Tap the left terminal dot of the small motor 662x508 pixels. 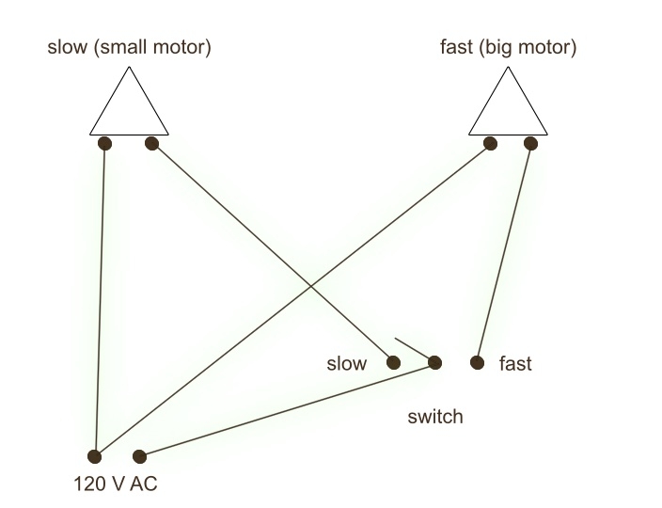tap(104, 144)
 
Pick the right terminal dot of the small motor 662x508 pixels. tap(151, 144)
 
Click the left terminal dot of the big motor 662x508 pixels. tap(490, 144)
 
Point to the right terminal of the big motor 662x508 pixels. tap(530, 144)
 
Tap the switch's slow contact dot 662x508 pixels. tap(393, 362)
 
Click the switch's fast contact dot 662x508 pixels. tap(477, 362)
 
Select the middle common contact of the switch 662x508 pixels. tap(434, 362)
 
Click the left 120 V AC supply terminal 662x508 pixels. tap(95, 456)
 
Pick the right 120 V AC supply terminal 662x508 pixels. tap(139, 456)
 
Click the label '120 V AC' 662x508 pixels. tap(116, 484)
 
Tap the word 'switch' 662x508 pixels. tap(435, 417)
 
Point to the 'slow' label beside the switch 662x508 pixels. tap(347, 363)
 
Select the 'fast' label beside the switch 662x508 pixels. tap(515, 363)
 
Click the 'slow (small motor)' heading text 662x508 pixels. tap(129, 47)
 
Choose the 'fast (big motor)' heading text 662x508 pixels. tap(509, 47)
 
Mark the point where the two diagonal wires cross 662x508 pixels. tap(311, 286)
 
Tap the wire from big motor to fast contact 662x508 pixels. tap(504, 253)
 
